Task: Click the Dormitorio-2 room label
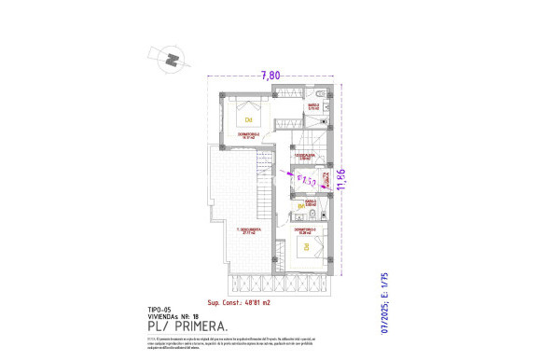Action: (250, 136)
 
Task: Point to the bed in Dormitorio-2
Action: (249, 117)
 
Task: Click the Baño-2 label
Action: (314, 106)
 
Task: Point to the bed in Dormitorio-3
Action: (306, 249)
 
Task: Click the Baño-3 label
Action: (311, 201)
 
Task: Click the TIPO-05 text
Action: (160, 309)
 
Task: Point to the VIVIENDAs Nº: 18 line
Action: (175, 317)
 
